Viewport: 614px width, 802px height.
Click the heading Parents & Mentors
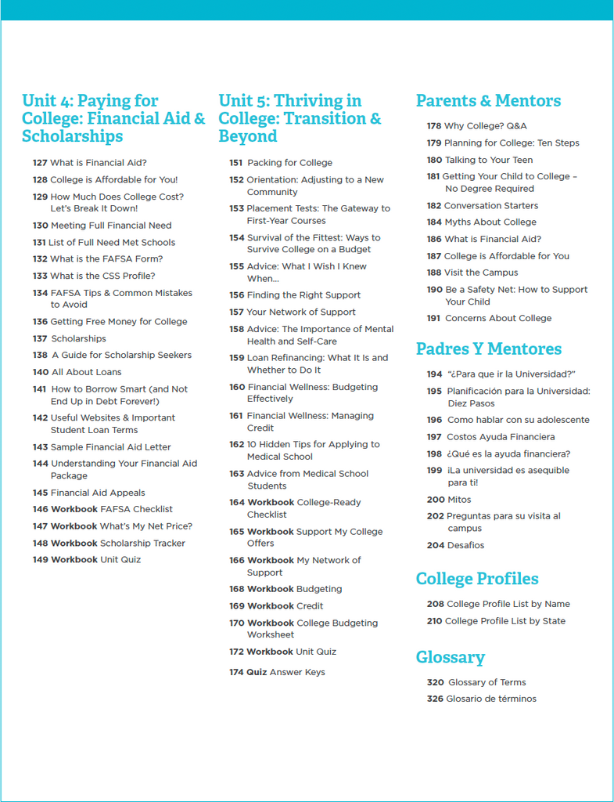[488, 101]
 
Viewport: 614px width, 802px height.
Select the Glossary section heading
[450, 657]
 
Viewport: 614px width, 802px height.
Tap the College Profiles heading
[476, 579]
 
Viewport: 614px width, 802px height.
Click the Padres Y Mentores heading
[488, 349]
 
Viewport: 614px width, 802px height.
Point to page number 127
[40, 163]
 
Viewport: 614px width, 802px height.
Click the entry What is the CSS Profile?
[102, 276]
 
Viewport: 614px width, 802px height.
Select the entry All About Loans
[86, 372]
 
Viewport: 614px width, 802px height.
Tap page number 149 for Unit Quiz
[40, 560]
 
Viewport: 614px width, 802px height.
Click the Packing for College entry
[289, 163]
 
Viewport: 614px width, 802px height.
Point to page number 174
[236, 672]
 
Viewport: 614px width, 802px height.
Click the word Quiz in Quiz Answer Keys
[257, 672]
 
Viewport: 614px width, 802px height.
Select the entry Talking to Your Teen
[489, 160]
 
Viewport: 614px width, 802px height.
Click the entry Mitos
[459, 500]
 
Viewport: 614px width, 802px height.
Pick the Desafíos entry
[465, 545]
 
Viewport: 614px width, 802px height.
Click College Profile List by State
[504, 621]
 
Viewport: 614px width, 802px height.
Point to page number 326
[435, 699]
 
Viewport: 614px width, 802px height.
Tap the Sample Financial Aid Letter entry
[110, 447]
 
